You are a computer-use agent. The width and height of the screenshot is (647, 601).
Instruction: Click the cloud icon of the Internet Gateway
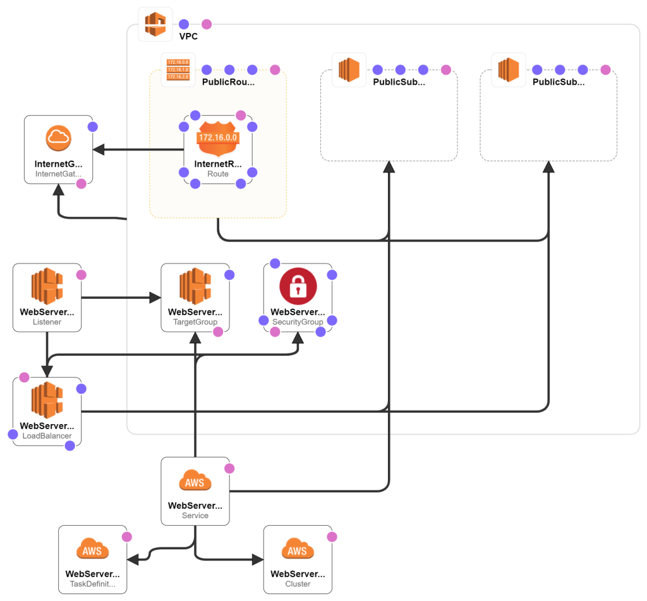(x=59, y=138)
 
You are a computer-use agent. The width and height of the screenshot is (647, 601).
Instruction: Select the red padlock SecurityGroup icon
(x=298, y=286)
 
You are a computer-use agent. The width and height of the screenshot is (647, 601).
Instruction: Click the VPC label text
(x=188, y=37)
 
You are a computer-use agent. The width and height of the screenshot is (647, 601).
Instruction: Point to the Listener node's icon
(x=47, y=286)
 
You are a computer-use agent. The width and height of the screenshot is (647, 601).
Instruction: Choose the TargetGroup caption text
(x=195, y=322)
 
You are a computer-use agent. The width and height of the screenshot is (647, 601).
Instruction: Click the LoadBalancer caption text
(x=47, y=436)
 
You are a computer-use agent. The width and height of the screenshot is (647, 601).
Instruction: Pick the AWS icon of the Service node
(x=195, y=482)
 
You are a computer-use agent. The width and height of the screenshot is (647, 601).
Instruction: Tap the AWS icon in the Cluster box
(x=298, y=550)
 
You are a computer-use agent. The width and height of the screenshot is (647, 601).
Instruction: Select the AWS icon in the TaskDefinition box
(x=92, y=550)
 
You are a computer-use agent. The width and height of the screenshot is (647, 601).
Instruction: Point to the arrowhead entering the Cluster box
(x=257, y=559)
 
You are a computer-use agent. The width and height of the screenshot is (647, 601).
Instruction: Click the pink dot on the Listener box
(x=81, y=275)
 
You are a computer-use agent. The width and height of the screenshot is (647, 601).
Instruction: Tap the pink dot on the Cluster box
(x=332, y=537)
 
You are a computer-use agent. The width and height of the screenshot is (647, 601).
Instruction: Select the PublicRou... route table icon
(x=178, y=70)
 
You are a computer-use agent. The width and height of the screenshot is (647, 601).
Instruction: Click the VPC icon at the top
(x=155, y=24)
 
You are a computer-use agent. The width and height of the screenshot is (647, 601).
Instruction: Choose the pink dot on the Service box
(x=229, y=468)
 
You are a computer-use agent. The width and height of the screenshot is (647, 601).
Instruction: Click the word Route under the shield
(x=217, y=173)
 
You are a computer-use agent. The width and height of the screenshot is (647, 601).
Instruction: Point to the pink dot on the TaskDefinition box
(x=126, y=537)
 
